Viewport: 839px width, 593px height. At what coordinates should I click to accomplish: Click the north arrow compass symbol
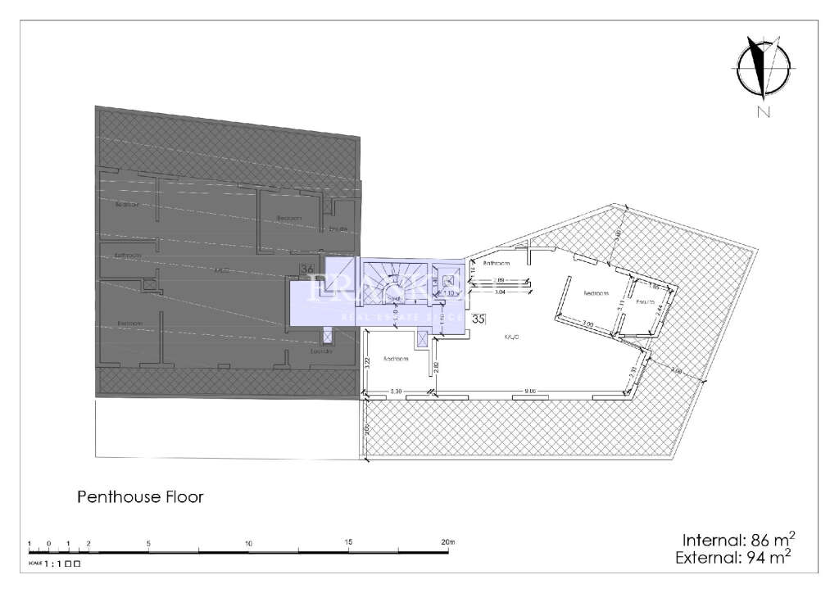tap(762, 69)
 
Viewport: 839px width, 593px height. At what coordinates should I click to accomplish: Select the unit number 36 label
tap(308, 268)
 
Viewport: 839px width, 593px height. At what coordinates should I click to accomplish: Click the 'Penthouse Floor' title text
tap(140, 496)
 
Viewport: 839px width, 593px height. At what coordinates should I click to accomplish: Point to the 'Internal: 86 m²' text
tap(738, 540)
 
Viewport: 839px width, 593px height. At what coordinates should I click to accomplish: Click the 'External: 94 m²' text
tap(733, 559)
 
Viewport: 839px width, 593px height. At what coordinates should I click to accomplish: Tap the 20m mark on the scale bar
tap(447, 543)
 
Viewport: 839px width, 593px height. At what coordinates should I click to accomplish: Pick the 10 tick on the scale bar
tap(248, 543)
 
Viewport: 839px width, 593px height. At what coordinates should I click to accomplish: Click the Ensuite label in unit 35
tap(646, 302)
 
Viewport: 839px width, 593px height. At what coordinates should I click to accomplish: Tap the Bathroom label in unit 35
tap(497, 264)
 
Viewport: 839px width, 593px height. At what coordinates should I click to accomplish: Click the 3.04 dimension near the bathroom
tap(501, 291)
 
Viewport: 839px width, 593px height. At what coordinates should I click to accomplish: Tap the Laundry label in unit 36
tap(320, 351)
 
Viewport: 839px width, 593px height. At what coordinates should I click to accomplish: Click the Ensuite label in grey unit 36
tap(339, 229)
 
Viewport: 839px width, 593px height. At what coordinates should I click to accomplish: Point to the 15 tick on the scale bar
tap(348, 543)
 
